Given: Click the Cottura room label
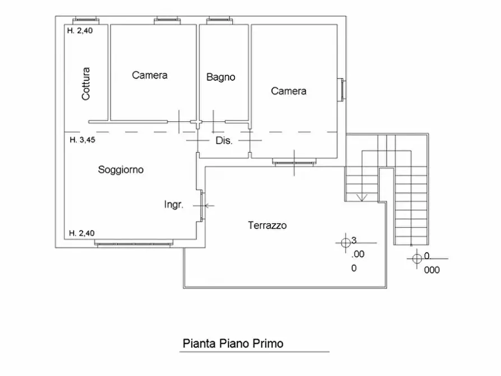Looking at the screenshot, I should (86, 84).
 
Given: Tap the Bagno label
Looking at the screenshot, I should (220, 77).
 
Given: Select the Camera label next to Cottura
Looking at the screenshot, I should (150, 75).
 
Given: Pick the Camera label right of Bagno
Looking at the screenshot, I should (288, 91).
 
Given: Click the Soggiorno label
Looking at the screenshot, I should (121, 169).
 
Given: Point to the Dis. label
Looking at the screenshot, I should (224, 141).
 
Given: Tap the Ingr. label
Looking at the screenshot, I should (173, 205).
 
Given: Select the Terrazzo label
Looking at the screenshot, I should (267, 226).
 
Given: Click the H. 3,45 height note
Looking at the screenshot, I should (82, 140).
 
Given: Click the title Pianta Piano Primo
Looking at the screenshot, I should (233, 343).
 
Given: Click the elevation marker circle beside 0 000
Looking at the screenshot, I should (416, 258).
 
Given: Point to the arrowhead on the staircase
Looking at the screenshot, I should (362, 197).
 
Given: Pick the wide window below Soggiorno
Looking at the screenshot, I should (134, 243).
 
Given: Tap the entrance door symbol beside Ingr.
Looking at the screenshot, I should (203, 205).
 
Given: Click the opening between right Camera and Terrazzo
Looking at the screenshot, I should (293, 162).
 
